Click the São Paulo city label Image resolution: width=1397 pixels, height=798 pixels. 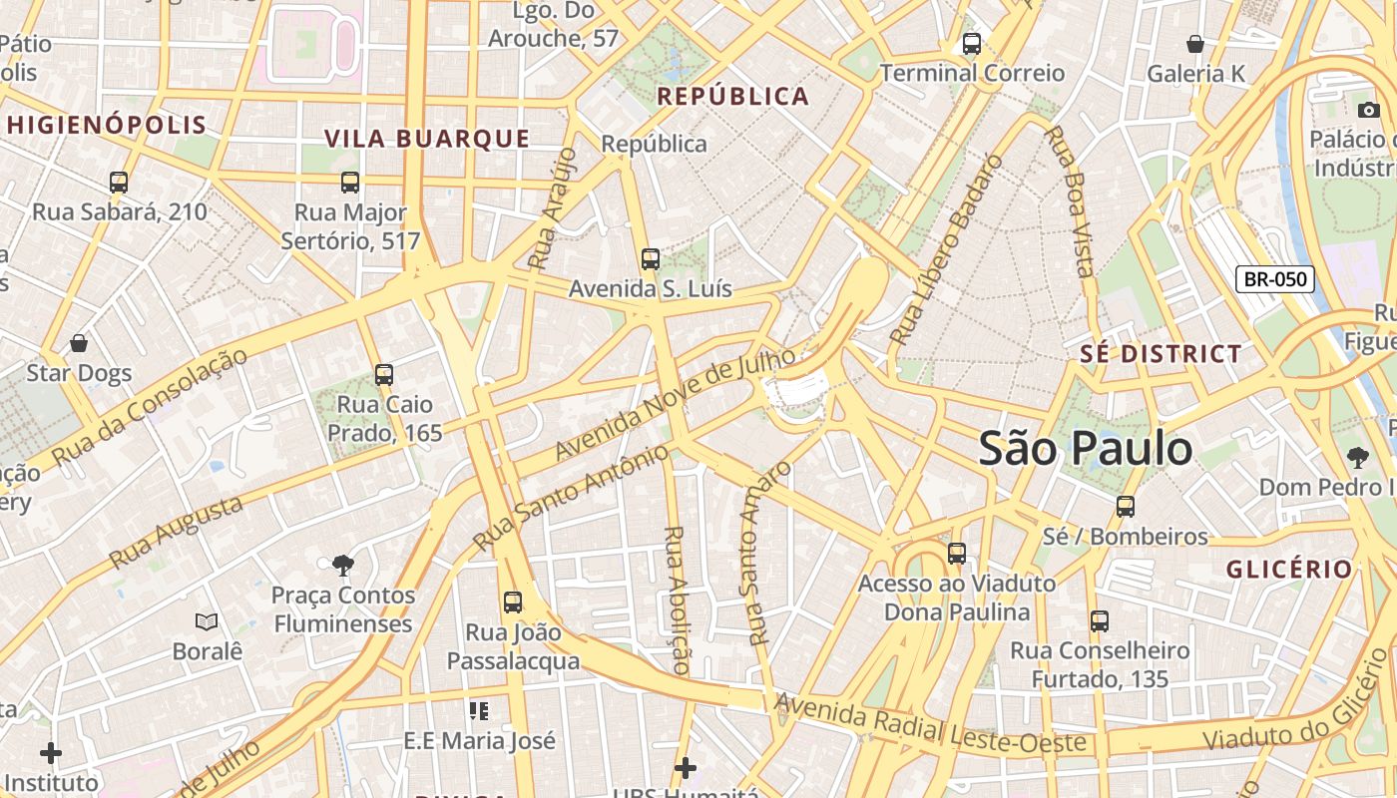pyautogui.click(x=1085, y=449)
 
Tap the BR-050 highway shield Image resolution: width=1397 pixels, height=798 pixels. pyautogui.click(x=1275, y=279)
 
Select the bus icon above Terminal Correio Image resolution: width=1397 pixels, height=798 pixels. pyautogui.click(x=971, y=44)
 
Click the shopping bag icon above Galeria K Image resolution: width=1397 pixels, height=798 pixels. pyautogui.click(x=1194, y=44)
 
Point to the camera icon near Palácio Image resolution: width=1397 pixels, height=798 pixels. pyautogui.click(x=1368, y=110)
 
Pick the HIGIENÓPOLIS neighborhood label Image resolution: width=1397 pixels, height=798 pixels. pyautogui.click(x=106, y=126)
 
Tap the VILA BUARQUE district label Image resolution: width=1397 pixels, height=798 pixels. pyautogui.click(x=427, y=139)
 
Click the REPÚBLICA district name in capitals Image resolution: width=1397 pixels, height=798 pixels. pyautogui.click(x=733, y=97)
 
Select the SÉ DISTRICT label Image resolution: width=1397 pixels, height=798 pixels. pyautogui.click(x=1161, y=354)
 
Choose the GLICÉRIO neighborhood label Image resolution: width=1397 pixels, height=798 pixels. pyautogui.click(x=1289, y=570)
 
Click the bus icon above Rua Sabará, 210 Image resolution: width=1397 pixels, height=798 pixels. pyautogui.click(x=119, y=183)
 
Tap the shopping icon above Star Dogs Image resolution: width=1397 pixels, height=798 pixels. pyautogui.click(x=79, y=344)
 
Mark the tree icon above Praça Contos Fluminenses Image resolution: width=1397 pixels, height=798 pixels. pyautogui.click(x=343, y=566)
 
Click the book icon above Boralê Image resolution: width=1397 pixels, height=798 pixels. pyautogui.click(x=207, y=621)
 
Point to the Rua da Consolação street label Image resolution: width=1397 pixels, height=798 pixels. pyautogui.click(x=150, y=407)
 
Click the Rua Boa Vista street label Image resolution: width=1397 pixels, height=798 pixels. pyautogui.click(x=1069, y=199)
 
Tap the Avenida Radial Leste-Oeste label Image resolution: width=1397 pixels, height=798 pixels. pyautogui.click(x=929, y=726)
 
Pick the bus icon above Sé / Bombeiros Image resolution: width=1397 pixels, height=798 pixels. pyautogui.click(x=1126, y=507)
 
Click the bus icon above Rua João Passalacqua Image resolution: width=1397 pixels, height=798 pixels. pyautogui.click(x=513, y=602)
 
